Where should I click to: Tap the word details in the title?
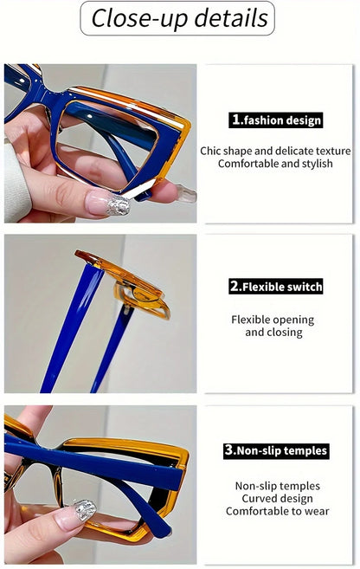[226, 18]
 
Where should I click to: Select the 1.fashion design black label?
[276, 120]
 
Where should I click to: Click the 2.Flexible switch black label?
[276, 287]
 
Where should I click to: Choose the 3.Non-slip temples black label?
[276, 450]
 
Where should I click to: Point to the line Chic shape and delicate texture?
[276, 151]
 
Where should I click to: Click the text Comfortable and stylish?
[276, 164]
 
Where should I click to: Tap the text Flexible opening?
[273, 320]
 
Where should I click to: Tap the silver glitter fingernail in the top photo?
[119, 205]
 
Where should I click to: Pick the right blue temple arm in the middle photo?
[112, 346]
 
